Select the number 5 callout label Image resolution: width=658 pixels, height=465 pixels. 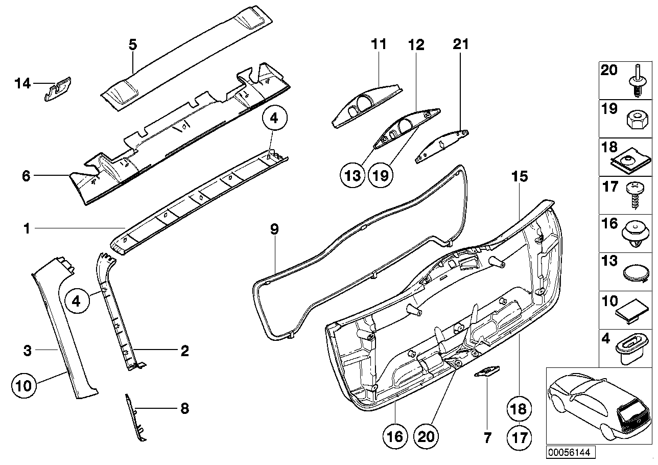(x=132, y=44)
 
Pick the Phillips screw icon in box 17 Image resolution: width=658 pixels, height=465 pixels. (x=633, y=195)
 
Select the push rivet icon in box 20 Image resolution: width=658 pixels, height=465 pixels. (x=636, y=84)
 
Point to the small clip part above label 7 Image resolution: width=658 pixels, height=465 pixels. (x=487, y=371)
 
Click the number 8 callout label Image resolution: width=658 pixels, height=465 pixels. (x=184, y=408)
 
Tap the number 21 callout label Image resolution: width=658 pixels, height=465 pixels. (x=460, y=44)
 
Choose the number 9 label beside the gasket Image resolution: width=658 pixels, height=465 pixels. (x=274, y=229)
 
